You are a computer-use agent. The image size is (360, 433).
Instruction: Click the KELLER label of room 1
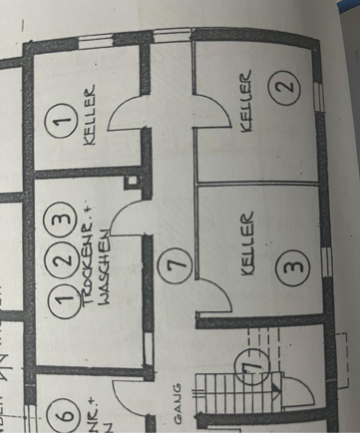89,115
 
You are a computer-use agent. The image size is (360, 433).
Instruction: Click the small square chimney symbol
132,182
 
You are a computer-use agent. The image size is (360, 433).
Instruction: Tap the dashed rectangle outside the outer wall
342,359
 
